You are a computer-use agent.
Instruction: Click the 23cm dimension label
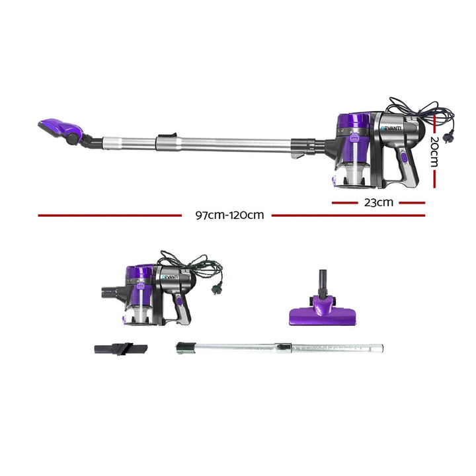click(377, 203)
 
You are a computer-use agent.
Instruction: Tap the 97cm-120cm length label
click(230, 215)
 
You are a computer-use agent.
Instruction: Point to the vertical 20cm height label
click(434, 153)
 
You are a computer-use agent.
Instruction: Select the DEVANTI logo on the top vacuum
click(395, 121)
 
